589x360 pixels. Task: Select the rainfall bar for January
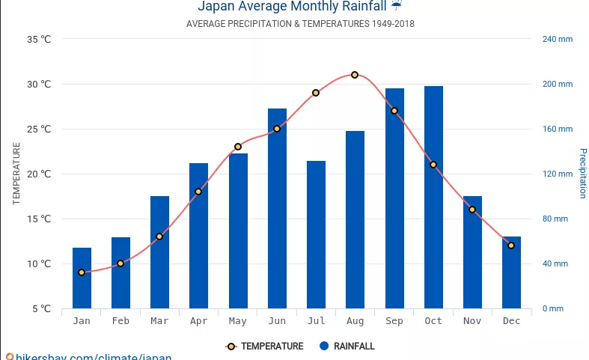click(x=82, y=278)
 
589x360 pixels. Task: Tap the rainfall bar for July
click(x=316, y=234)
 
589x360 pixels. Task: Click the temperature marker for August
click(x=355, y=75)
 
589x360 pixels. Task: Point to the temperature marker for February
click(x=120, y=263)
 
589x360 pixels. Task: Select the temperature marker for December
click(x=511, y=245)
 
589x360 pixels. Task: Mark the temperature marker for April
click(x=198, y=192)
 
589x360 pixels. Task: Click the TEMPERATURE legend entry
click(x=265, y=347)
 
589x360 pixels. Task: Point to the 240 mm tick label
click(x=557, y=39)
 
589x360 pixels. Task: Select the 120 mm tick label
click(x=557, y=174)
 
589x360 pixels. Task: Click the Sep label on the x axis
click(x=394, y=321)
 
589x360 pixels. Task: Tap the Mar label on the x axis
click(x=159, y=321)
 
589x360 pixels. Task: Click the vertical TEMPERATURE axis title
click(x=16, y=174)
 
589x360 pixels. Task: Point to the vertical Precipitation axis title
click(x=583, y=174)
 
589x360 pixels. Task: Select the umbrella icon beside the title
click(x=397, y=4)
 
